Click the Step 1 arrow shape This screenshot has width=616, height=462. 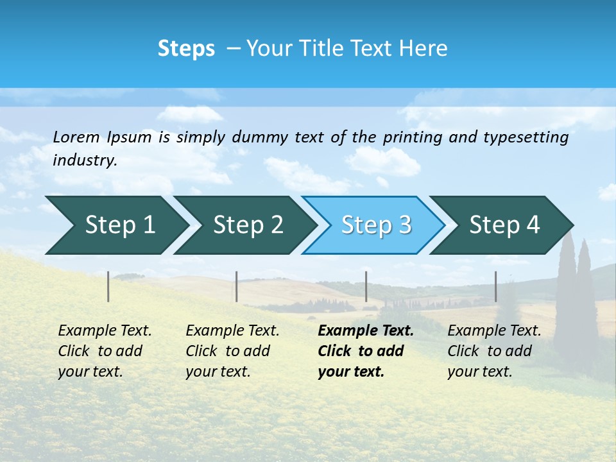[x=116, y=225]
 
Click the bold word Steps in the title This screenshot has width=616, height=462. [x=186, y=49]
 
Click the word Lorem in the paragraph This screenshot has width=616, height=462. [x=76, y=137]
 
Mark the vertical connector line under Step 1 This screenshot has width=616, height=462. [x=108, y=286]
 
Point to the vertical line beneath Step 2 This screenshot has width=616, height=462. [x=237, y=286]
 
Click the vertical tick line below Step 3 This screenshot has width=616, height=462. [x=366, y=286]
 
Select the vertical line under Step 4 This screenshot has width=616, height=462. [x=495, y=286]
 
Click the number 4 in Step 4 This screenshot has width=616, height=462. [x=533, y=225]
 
